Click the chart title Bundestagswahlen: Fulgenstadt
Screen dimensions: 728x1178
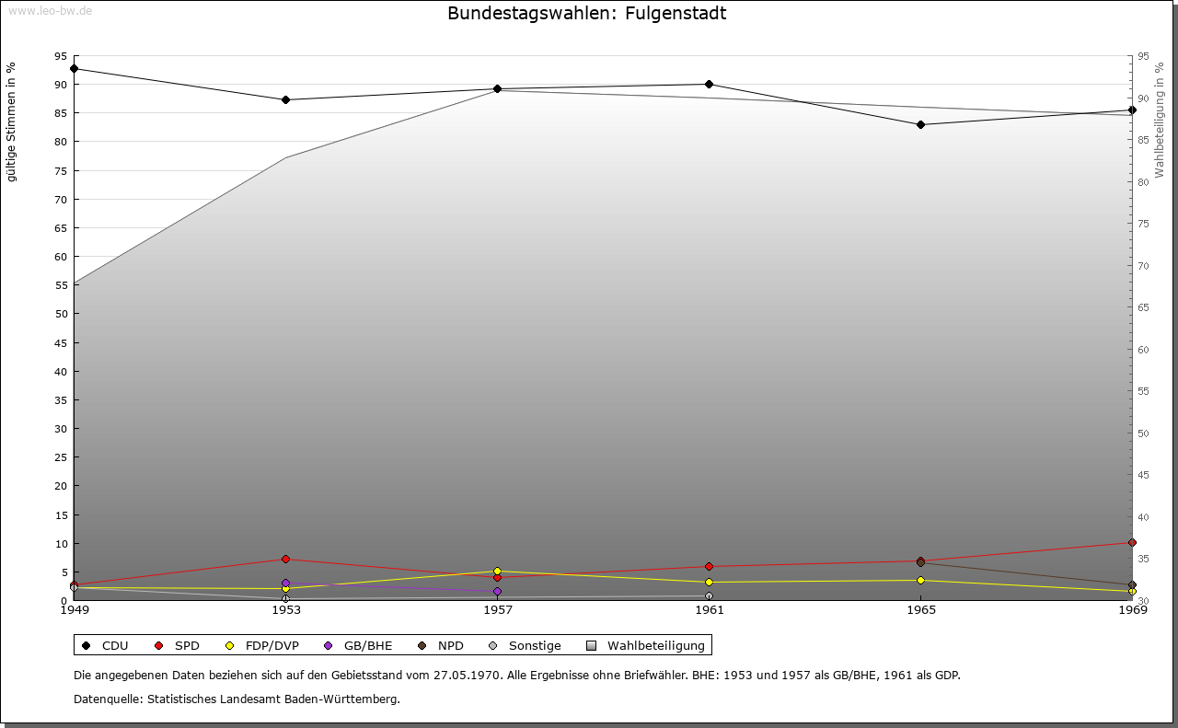[x=586, y=14]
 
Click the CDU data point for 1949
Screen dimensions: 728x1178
[x=74, y=68]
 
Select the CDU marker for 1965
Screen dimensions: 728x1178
[x=920, y=124]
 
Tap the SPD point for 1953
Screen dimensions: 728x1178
[x=285, y=559]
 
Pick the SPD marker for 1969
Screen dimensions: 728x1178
[x=1132, y=542]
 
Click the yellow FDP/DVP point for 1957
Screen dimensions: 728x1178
[x=497, y=571]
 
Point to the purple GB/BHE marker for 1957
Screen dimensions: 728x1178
[x=497, y=592]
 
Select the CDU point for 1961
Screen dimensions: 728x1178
[x=709, y=84]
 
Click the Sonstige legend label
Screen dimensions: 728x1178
[x=535, y=645]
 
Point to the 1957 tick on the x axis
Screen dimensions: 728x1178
[x=497, y=609]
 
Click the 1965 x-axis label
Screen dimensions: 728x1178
[x=920, y=609]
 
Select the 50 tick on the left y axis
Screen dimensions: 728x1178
[x=61, y=314]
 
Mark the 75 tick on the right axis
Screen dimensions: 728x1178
[x=1143, y=224]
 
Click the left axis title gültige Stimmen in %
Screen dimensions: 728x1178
[x=12, y=121]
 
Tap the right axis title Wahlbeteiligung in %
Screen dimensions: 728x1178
[x=1160, y=120]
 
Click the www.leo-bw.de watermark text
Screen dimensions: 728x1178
[x=49, y=11]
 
